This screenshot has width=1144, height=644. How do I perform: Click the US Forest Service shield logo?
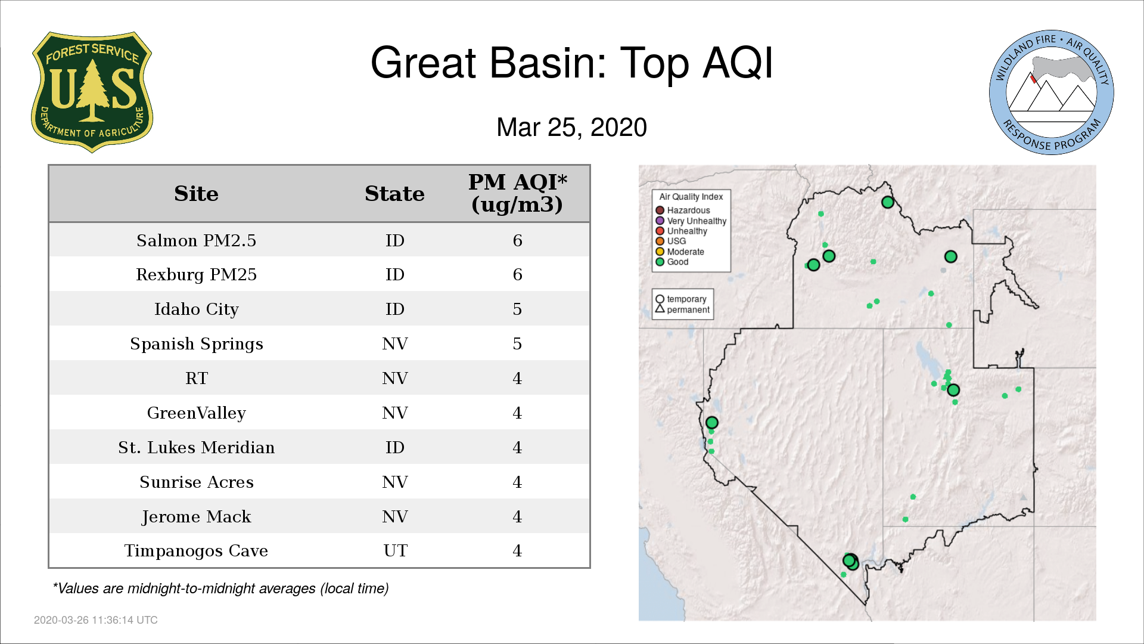(92, 92)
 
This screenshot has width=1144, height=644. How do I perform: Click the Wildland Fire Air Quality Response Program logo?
(1052, 92)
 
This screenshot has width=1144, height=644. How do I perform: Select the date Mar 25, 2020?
(571, 128)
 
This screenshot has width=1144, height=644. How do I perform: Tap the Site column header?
(196, 194)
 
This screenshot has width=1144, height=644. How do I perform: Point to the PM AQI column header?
(517, 193)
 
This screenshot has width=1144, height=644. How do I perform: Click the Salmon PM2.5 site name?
(196, 240)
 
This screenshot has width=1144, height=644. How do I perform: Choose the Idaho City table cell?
(196, 309)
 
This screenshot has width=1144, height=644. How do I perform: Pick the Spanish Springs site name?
(196, 344)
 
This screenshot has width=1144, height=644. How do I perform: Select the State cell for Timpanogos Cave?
(395, 551)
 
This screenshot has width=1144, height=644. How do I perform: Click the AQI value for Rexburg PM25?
(517, 275)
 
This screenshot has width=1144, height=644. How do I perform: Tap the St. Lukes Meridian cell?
(196, 448)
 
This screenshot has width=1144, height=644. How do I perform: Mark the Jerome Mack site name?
(196, 517)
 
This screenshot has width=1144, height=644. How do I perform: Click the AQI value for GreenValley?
(517, 413)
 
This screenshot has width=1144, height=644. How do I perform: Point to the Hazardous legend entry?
(683, 210)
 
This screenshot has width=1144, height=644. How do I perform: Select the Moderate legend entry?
(680, 252)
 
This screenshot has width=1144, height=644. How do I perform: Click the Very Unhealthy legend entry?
(691, 221)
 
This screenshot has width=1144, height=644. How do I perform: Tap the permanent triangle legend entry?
(682, 309)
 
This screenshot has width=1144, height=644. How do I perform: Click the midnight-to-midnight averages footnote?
(220, 589)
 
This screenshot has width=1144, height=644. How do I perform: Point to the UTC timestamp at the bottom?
(96, 620)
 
